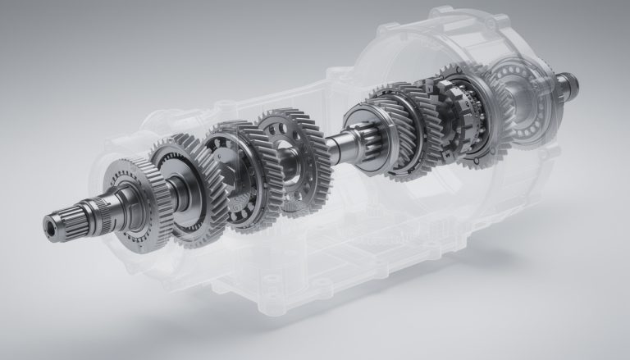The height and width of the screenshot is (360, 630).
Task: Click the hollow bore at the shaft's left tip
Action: [52, 222]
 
